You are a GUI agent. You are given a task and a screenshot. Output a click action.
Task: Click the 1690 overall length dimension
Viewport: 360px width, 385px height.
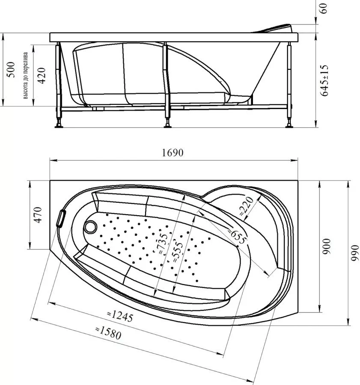pos(173,153)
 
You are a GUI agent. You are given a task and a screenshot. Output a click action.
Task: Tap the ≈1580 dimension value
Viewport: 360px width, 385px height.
pos(108,332)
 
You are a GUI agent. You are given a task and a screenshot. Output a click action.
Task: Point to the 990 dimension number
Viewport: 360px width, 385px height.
pos(354,253)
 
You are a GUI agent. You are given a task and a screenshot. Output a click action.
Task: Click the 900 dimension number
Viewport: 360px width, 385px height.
pos(327,246)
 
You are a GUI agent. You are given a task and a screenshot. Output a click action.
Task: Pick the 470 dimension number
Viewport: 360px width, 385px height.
pos(38,215)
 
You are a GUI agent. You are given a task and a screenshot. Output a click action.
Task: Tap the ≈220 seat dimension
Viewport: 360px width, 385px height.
pos(246,206)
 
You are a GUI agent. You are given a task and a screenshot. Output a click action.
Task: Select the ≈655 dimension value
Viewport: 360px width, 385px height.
pos(237,236)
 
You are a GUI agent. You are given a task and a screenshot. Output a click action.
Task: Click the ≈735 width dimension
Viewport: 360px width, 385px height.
pos(163,243)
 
